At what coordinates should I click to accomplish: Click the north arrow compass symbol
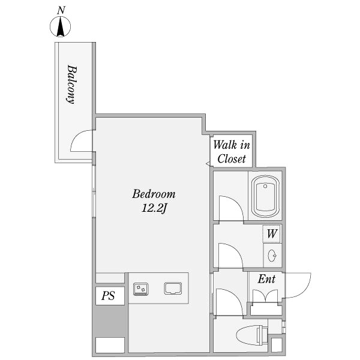pyautogui.click(x=61, y=26)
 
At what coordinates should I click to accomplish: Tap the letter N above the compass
pyautogui.click(x=61, y=11)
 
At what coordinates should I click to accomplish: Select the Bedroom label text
pyautogui.click(x=154, y=194)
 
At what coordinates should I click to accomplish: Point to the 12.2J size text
pyautogui.click(x=154, y=208)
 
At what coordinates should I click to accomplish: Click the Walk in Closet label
pyautogui.click(x=232, y=152)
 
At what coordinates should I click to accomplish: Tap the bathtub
pyautogui.click(x=265, y=196)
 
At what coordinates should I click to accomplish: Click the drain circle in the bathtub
pyautogui.click(x=265, y=186)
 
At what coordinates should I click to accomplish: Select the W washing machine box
pyautogui.click(x=272, y=234)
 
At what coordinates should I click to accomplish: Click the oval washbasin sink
pyautogui.click(x=272, y=256)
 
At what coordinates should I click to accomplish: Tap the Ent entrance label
pyautogui.click(x=266, y=279)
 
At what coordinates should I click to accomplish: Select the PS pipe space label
pyautogui.click(x=108, y=296)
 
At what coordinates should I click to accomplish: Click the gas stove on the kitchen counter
pyautogui.click(x=141, y=289)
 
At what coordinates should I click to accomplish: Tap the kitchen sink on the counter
pyautogui.click(x=173, y=289)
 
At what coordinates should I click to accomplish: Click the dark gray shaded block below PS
pyautogui.click(x=110, y=321)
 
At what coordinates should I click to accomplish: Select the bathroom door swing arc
pyautogui.click(x=237, y=202)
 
